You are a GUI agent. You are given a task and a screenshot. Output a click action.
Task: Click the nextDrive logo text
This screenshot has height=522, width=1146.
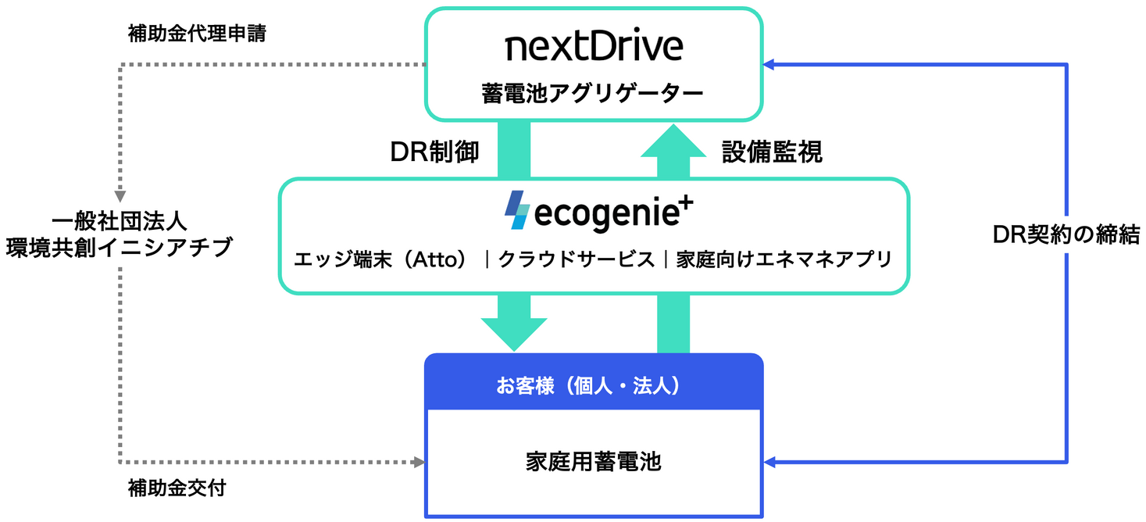(594, 48)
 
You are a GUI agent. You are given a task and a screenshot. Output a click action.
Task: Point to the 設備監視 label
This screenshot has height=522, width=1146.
(772, 152)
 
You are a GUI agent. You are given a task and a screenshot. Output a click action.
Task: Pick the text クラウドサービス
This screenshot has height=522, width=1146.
(577, 259)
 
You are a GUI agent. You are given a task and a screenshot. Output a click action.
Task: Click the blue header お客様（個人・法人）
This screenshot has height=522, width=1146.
(593, 385)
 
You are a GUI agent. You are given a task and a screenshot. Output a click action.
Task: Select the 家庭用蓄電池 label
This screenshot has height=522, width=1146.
(593, 462)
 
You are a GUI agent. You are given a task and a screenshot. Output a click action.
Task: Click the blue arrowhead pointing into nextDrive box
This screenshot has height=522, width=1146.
(769, 65)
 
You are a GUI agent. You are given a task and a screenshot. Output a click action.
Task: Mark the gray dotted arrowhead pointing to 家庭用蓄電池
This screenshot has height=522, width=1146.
(418, 463)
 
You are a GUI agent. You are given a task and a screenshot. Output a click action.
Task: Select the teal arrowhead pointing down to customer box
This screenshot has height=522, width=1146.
(513, 334)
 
